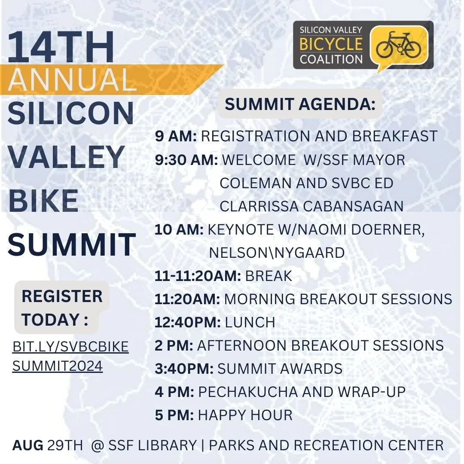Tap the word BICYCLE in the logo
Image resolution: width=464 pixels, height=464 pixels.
pyautogui.click(x=331, y=44)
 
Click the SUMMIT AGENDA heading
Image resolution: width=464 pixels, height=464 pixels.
pyautogui.click(x=300, y=104)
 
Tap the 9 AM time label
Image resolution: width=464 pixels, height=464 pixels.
pyautogui.click(x=176, y=136)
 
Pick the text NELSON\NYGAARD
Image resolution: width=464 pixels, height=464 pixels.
pyautogui.click(x=277, y=253)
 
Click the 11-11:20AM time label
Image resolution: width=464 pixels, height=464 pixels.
pyautogui.click(x=198, y=276)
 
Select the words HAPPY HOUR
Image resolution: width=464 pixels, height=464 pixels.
pyautogui.click(x=245, y=415)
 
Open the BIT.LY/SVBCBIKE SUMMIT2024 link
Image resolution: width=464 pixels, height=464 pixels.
pyautogui.click(x=70, y=357)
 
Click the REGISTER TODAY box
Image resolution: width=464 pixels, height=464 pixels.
pyautogui.click(x=62, y=307)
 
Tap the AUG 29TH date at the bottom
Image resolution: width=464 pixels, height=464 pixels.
pyautogui.click(x=47, y=445)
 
